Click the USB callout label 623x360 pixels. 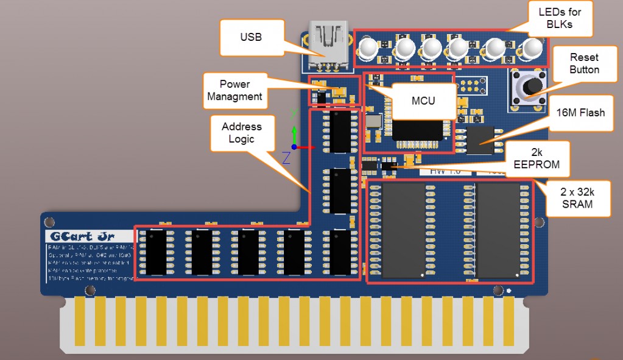point(250,37)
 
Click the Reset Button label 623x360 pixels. point(584,63)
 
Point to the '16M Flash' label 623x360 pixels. point(580,113)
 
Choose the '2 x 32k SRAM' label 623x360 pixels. point(577,197)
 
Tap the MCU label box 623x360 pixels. point(423,101)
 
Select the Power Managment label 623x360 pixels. point(234,90)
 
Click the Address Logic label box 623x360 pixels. point(241,133)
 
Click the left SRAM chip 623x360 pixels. point(403,229)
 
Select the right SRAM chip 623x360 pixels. point(498,229)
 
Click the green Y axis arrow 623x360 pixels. point(294,133)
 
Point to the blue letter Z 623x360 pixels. point(286,157)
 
